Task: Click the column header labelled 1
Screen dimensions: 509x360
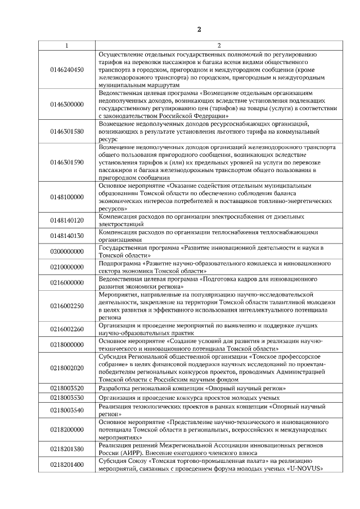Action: pyautogui.click(x=67, y=46)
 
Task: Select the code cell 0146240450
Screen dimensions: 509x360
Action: pyautogui.click(x=67, y=70)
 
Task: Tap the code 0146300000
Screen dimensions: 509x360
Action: pyautogui.click(x=67, y=104)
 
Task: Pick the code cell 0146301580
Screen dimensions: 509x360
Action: pyautogui.click(x=67, y=132)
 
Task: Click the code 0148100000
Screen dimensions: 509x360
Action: pyautogui.click(x=67, y=197)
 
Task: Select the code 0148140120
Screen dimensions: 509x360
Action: pyautogui.click(x=67, y=220)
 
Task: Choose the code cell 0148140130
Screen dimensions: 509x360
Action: pyautogui.click(x=67, y=236)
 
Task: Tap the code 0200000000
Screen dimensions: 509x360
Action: pyautogui.click(x=67, y=251)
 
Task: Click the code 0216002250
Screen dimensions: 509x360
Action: pyautogui.click(x=67, y=306)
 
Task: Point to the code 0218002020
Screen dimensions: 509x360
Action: pyautogui.click(x=67, y=368)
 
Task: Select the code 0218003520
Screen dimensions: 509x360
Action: pyautogui.click(x=67, y=388)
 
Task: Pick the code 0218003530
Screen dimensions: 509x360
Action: pyautogui.click(x=67, y=398)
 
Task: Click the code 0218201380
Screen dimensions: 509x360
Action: pyautogui.click(x=67, y=449)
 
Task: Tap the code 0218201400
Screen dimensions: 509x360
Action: pyautogui.click(x=67, y=465)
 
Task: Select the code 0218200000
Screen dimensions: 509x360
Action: pyautogui.click(x=67, y=429)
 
